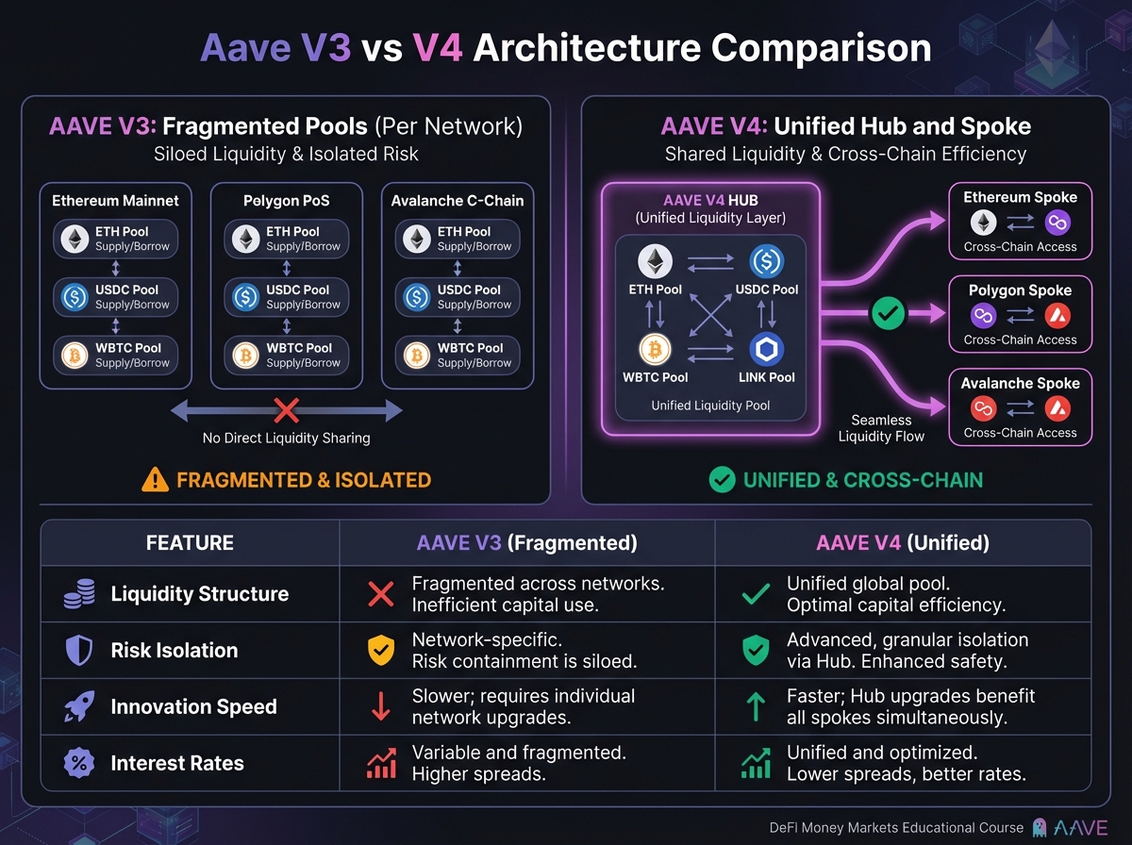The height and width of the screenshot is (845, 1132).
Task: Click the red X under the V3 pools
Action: (286, 409)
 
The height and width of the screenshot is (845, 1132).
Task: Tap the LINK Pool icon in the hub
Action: (766, 349)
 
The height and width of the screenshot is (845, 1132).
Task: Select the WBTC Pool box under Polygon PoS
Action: (286, 355)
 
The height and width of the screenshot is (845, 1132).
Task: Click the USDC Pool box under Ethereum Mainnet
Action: (115, 296)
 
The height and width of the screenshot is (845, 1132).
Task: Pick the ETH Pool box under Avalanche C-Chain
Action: (458, 239)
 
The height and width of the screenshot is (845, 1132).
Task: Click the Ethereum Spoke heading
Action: (1020, 197)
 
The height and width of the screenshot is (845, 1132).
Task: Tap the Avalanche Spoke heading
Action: (1020, 384)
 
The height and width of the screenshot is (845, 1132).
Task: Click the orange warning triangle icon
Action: (155, 479)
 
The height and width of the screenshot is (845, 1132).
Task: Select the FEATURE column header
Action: (190, 543)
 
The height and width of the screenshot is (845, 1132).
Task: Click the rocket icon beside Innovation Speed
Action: (77, 707)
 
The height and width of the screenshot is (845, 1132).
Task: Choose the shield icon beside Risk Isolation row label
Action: (77, 651)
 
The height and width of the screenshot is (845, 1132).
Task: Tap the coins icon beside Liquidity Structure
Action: (77, 594)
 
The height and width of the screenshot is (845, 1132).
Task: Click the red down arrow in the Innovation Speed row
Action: (381, 707)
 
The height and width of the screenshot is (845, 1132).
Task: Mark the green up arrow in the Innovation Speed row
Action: (756, 707)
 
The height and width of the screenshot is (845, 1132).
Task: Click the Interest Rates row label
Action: (177, 763)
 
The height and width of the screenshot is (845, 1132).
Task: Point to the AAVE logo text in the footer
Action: (1080, 827)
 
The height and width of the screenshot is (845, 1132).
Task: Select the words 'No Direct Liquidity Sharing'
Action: (286, 438)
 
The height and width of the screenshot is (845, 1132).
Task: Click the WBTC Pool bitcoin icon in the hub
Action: (654, 349)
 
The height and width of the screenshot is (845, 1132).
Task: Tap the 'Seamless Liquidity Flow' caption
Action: (880, 428)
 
